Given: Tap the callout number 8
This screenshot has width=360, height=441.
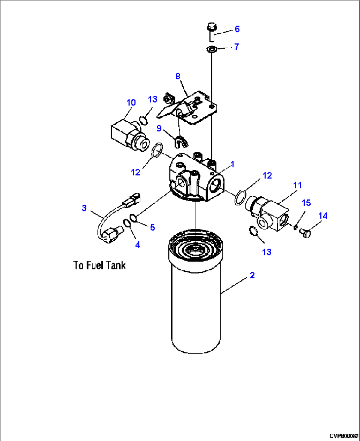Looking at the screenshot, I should click(x=178, y=76).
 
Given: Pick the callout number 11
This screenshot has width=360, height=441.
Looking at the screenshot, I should click(x=298, y=185).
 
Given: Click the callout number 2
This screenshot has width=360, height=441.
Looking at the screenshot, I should click(x=252, y=275).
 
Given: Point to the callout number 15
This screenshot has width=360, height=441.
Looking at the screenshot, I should click(x=306, y=203).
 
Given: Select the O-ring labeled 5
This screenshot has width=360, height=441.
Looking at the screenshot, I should click(x=133, y=218).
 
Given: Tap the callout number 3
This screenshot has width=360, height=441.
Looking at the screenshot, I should click(x=84, y=208).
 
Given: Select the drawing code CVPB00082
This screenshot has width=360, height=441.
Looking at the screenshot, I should click(x=343, y=436).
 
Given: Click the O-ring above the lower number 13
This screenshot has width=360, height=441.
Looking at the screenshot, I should click(x=253, y=231).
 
